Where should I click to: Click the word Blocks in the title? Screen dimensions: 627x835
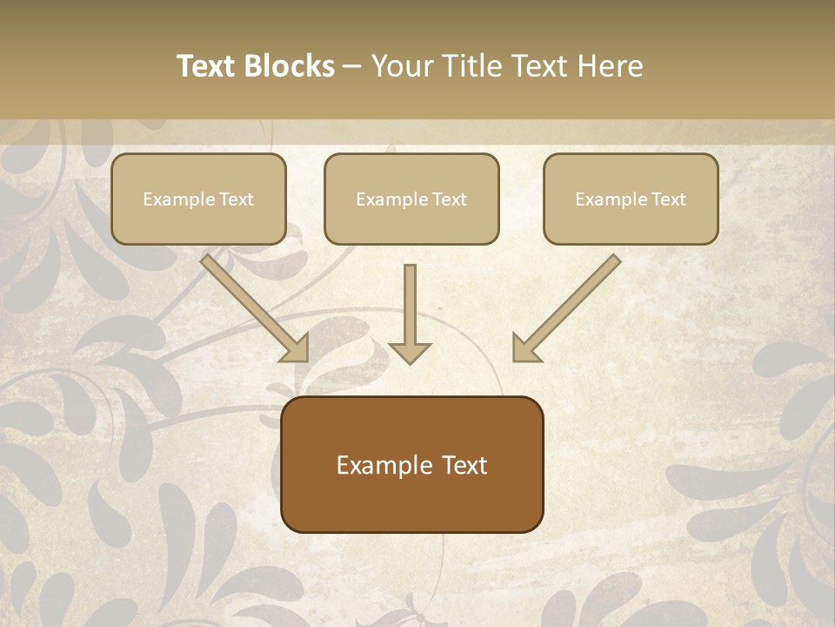click(291, 66)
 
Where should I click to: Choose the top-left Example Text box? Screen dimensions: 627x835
click(198, 199)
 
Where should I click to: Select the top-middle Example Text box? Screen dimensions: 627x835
click(411, 199)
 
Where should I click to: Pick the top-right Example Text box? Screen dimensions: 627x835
click(631, 199)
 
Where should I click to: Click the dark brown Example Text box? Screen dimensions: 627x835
click(411, 465)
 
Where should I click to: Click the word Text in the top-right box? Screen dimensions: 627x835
click(668, 199)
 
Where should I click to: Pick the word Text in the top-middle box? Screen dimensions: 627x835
click(449, 199)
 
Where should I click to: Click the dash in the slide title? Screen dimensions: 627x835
click(352, 67)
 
